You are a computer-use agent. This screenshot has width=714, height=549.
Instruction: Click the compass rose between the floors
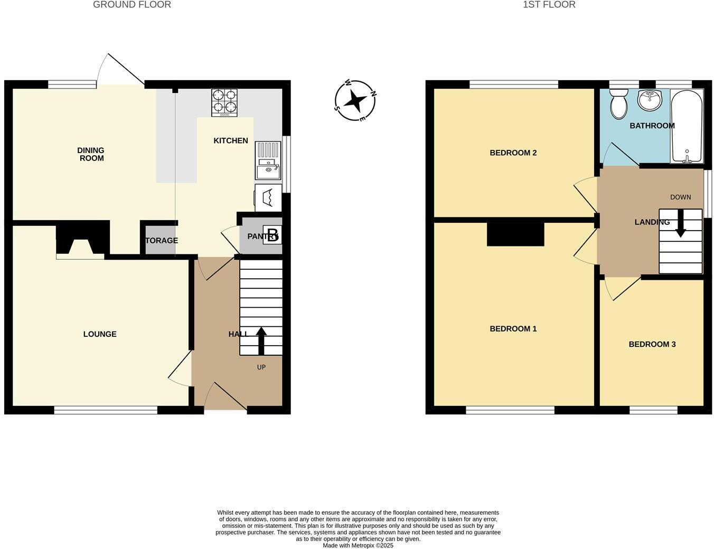pyautogui.click(x=355, y=100)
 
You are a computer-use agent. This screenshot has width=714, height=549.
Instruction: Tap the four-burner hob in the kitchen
pyautogui.click(x=224, y=102)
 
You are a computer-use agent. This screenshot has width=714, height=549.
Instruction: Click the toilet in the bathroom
pyautogui.click(x=618, y=104)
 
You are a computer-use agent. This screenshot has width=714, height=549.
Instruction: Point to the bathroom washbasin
pyautogui.click(x=649, y=100)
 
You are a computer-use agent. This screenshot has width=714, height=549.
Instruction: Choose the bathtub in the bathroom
pyautogui.click(x=687, y=127)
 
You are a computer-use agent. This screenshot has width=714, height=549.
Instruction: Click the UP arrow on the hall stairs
pyautogui.click(x=261, y=340)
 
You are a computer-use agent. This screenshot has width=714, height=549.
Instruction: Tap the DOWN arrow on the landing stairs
pyautogui.click(x=680, y=223)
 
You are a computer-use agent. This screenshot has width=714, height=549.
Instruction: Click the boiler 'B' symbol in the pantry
pyautogui.click(x=273, y=235)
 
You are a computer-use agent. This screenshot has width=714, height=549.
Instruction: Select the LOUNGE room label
pyautogui.click(x=100, y=334)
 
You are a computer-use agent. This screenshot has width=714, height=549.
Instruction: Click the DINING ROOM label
pyautogui.click(x=91, y=154)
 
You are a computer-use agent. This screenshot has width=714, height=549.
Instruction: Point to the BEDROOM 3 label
pyautogui.click(x=652, y=344)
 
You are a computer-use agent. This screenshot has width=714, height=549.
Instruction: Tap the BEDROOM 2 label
pyautogui.click(x=513, y=153)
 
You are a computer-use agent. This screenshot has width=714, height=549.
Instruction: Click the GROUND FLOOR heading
pyautogui.click(x=132, y=5)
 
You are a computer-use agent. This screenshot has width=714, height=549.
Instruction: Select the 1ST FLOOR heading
pyautogui.click(x=549, y=5)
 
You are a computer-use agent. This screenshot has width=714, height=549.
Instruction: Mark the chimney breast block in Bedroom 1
pyautogui.click(x=515, y=234)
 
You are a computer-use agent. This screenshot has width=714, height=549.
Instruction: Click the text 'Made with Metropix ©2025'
pyautogui.click(x=358, y=545)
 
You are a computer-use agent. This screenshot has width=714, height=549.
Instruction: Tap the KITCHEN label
pyautogui.click(x=230, y=140)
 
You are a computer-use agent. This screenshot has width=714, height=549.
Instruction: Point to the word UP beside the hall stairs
pyautogui.click(x=261, y=367)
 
